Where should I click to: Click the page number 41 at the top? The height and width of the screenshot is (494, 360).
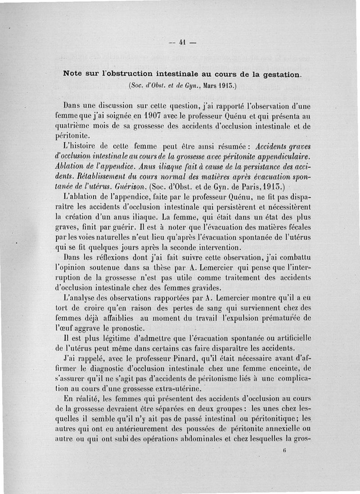coord(183,44)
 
